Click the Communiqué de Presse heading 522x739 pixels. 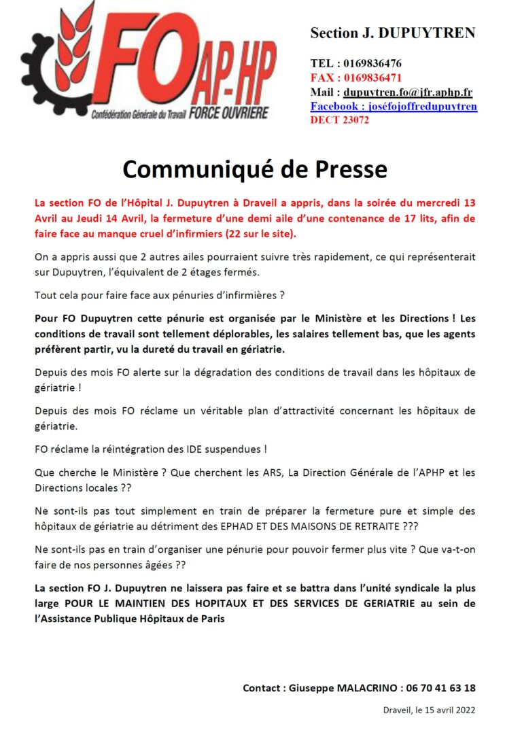pyautogui.click(x=255, y=169)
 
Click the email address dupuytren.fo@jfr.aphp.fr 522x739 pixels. pyautogui.click(x=408, y=92)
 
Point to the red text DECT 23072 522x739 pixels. pyautogui.click(x=340, y=120)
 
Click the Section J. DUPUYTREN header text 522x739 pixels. pyautogui.click(x=393, y=33)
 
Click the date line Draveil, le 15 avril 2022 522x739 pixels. pyautogui.click(x=429, y=710)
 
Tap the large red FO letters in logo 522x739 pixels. pyautogui.click(x=143, y=65)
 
